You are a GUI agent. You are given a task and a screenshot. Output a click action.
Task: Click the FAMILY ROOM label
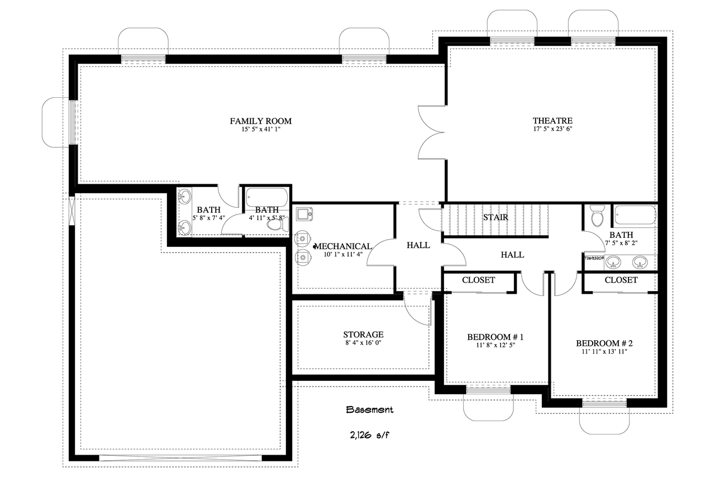coord(261,121)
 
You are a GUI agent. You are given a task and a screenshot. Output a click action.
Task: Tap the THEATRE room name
coord(552,120)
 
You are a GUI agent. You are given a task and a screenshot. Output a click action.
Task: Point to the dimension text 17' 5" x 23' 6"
coord(552,129)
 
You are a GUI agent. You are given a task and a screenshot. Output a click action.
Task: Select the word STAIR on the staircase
coord(495,217)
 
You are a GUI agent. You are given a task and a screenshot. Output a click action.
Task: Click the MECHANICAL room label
coord(344,246)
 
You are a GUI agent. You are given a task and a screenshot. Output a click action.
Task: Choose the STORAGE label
coord(363,335)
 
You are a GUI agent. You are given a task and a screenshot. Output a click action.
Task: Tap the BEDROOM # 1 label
coord(495,337)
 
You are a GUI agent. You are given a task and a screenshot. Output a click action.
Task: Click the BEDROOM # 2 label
coord(604,343)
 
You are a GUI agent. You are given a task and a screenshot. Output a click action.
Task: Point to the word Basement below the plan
coord(369,409)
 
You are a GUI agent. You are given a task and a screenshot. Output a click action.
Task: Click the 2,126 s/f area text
coord(369,434)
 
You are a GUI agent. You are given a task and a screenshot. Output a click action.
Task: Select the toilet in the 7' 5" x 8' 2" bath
coord(598,215)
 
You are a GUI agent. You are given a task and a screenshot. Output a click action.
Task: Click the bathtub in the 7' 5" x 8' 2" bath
coord(635,216)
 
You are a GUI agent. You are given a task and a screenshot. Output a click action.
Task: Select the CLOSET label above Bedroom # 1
coord(479,280)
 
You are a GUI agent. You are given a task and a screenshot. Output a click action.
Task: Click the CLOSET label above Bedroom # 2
coord(621,280)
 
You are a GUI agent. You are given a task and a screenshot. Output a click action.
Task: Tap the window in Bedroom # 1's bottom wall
coord(488,390)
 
